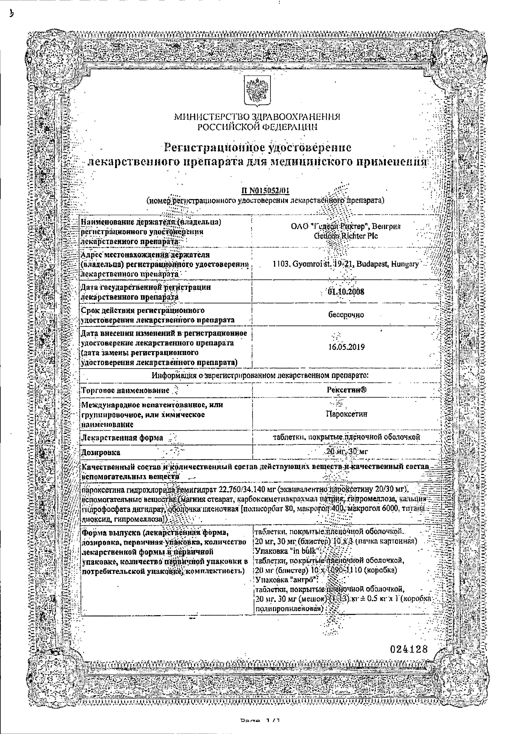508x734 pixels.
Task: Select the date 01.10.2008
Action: tap(346, 292)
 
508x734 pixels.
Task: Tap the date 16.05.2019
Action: tap(346, 347)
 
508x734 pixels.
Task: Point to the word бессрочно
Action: tap(346, 315)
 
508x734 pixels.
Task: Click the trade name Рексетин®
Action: tap(347, 390)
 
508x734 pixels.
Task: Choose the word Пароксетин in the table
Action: tap(346, 414)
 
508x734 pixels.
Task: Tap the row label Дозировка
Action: tap(101, 452)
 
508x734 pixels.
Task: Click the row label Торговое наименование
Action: tap(125, 390)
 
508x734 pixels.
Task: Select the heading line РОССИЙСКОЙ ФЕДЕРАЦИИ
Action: tap(257, 127)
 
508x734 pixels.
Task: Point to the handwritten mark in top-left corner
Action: tap(12, 14)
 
